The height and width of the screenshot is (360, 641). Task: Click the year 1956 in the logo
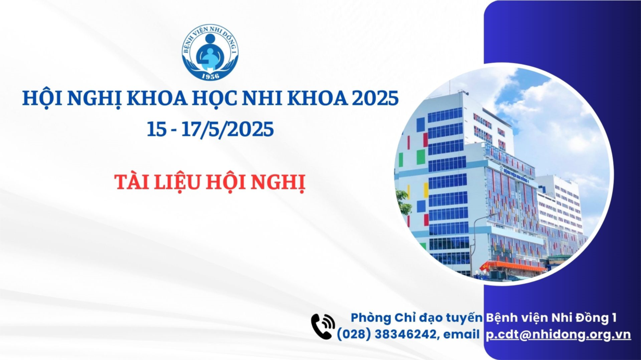211,76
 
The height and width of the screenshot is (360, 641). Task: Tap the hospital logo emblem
211,52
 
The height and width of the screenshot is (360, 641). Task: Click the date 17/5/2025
228,129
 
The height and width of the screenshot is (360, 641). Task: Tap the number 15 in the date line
156,129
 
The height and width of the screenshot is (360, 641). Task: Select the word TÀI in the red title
132,182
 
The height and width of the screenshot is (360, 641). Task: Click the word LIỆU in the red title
177,182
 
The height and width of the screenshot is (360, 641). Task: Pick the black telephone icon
323,326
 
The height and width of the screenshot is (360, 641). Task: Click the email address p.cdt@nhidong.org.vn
558,335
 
